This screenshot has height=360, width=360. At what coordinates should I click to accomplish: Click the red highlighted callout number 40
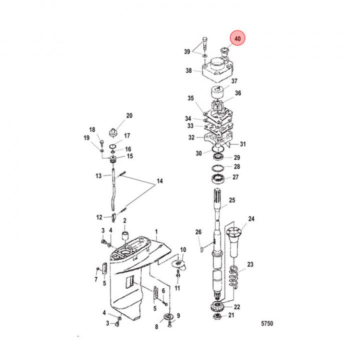pos(237,38)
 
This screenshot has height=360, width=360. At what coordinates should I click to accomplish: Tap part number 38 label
pos(188,71)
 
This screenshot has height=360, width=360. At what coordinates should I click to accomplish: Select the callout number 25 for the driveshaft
pos(232,200)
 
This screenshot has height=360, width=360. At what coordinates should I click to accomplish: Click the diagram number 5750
pos(267,323)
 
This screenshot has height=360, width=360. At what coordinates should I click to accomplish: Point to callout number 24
pos(251,219)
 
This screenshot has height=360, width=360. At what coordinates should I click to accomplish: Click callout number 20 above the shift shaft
pos(129,116)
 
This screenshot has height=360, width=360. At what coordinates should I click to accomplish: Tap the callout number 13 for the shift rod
pos(98,176)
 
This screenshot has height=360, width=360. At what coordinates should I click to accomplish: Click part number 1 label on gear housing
pos(156,232)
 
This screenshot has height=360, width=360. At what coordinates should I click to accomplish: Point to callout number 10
pos(183,249)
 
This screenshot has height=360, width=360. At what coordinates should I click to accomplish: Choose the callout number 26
pos(198,232)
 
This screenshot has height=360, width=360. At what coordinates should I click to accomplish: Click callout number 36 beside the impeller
pos(238,93)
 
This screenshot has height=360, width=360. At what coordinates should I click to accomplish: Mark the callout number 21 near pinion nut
pos(231,315)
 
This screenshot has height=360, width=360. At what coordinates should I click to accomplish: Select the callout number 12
pos(99,217)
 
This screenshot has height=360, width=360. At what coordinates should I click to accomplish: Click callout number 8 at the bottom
pos(156,327)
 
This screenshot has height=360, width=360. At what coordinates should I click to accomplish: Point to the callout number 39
pos(187,51)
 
